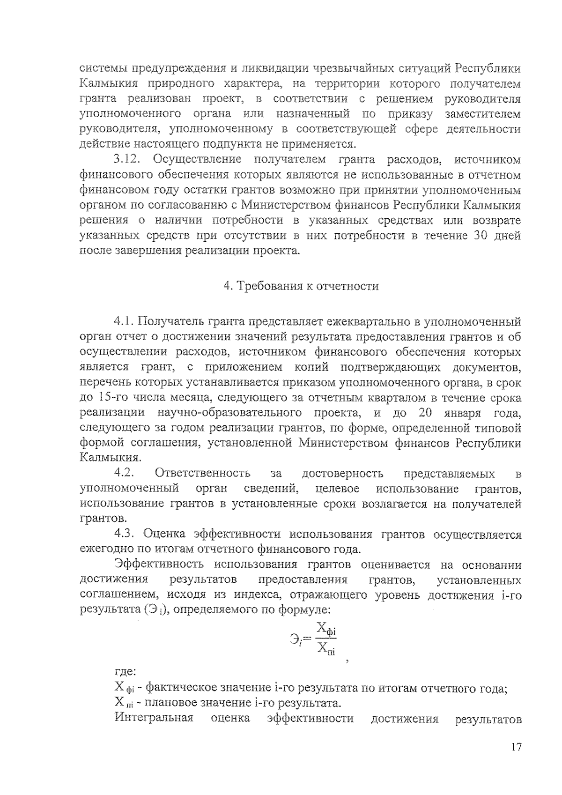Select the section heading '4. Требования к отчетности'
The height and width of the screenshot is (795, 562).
301,286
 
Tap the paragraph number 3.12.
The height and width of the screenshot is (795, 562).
127,159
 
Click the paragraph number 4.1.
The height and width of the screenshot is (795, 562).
124,322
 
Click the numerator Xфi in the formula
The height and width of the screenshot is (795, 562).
326,629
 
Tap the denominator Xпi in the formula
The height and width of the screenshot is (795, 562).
326,650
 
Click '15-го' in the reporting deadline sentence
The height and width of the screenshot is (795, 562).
113,398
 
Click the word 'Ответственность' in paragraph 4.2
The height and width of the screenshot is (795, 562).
203,474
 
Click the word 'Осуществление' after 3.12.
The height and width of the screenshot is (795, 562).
197,159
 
